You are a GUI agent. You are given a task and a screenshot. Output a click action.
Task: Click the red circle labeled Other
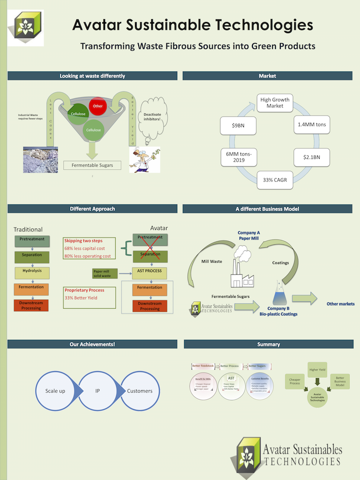coord(98,106)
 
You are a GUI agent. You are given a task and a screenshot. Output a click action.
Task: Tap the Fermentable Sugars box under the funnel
coord(93,166)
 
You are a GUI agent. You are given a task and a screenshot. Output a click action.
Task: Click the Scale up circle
coord(55,391)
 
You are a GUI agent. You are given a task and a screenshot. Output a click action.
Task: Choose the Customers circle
coord(140,391)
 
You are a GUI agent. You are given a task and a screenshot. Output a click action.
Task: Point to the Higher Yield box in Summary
coord(317,370)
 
